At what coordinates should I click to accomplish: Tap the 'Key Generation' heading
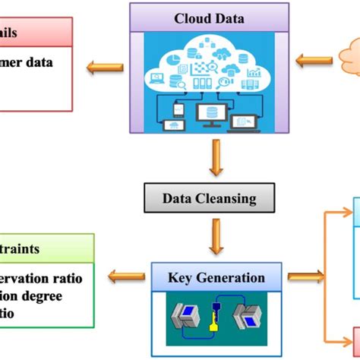tap(216, 277)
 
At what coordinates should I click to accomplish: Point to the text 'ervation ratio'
tap(51, 278)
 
